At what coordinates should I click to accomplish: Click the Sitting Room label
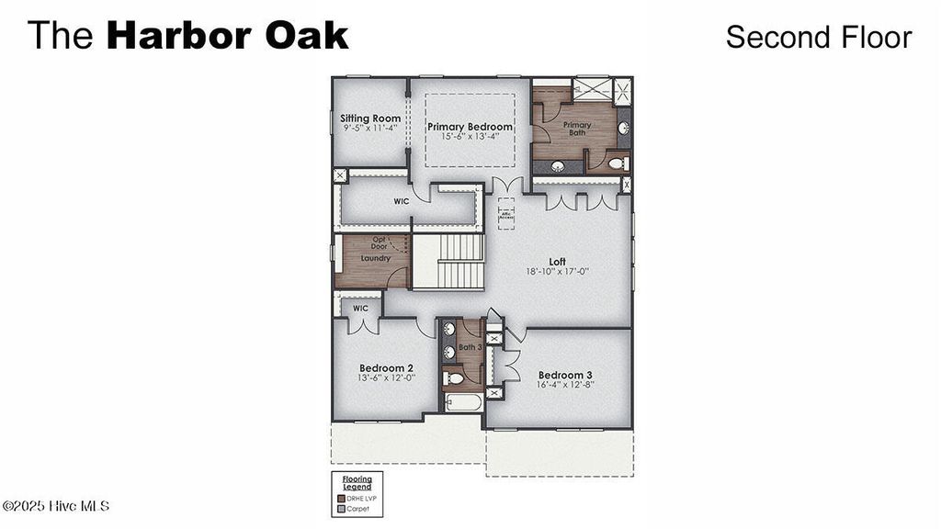pos(369,118)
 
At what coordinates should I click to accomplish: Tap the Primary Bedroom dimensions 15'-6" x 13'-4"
pos(470,137)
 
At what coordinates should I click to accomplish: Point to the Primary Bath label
pos(577,129)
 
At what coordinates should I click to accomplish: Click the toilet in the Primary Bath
pos(618,163)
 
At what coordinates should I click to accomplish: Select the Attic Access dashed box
pos(506,213)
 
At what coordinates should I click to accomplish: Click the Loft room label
pos(558,262)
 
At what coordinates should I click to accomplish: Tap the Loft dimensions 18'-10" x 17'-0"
pos(558,272)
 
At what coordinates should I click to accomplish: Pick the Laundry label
pos(375,258)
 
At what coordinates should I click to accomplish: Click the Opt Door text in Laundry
pos(379,243)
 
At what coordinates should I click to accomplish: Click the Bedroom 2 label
pos(386,367)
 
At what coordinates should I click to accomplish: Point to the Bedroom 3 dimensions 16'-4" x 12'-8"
pos(565,385)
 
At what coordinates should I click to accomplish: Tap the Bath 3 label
pos(470,347)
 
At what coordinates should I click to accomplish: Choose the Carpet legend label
pos(357,508)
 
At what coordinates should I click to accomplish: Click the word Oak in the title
pos(307,36)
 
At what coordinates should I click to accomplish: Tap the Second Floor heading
pos(818,37)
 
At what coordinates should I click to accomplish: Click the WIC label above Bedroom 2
pos(360,309)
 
